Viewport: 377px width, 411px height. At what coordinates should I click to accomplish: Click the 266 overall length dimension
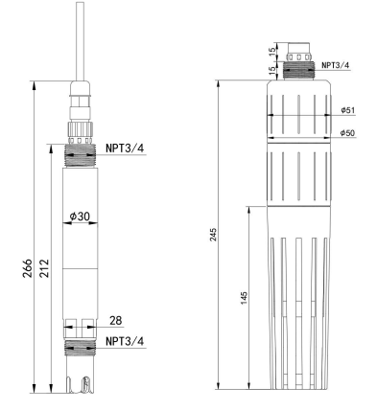(x=28, y=267)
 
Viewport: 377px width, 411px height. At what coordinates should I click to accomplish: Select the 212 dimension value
(x=44, y=267)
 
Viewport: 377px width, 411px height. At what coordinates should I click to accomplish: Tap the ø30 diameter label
(x=80, y=217)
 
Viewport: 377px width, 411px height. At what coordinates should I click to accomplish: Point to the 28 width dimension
(x=116, y=320)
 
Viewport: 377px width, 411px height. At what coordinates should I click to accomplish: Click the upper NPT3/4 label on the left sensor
(x=125, y=148)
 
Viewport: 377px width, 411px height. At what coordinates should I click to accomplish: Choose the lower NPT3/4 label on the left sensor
(x=125, y=341)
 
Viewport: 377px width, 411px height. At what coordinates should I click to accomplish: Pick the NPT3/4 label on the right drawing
(x=336, y=65)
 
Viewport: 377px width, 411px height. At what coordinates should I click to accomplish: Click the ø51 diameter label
(x=348, y=110)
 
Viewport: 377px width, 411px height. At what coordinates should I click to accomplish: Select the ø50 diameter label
(x=347, y=132)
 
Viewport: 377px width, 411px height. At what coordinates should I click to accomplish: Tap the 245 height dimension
(x=213, y=235)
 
